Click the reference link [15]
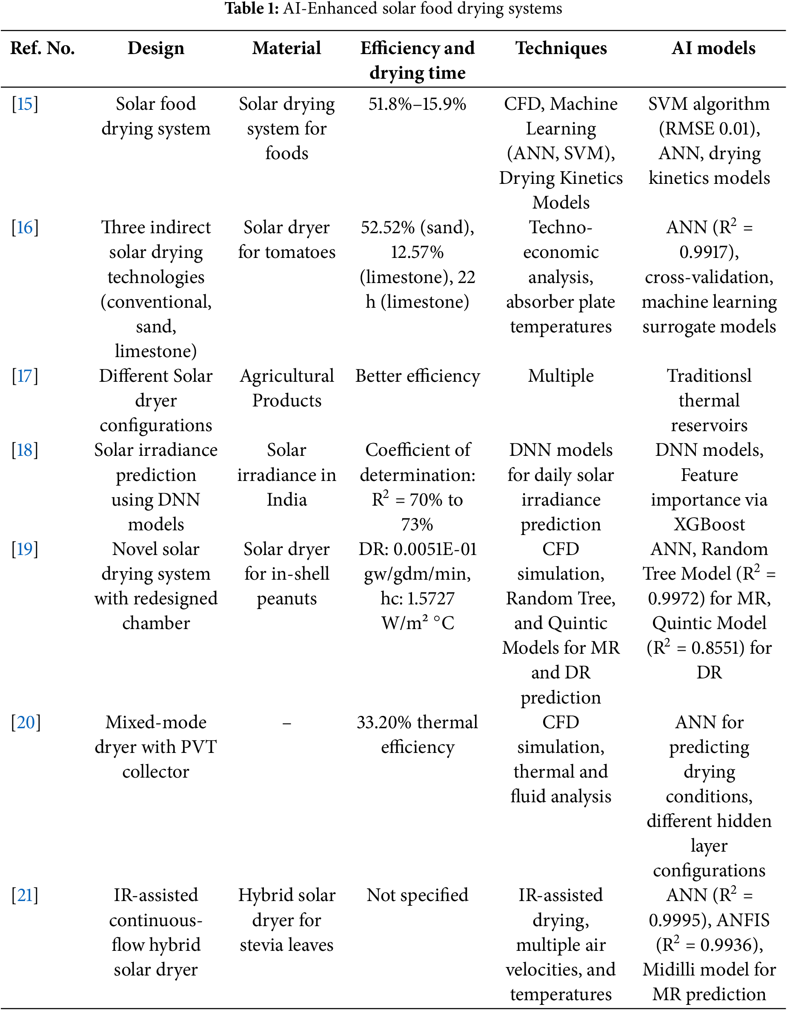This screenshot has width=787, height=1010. (25, 104)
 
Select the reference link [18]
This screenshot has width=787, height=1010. (25, 450)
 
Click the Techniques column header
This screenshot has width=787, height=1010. (561, 48)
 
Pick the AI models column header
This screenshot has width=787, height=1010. (713, 48)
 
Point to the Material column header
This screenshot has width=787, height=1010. (287, 48)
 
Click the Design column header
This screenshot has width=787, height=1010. (156, 48)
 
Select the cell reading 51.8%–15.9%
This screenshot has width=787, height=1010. (417, 104)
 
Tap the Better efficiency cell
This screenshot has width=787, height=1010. (417, 376)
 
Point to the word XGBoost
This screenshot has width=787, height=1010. (709, 524)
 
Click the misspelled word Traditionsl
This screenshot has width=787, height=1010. (709, 376)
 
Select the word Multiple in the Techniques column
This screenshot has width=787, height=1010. (561, 376)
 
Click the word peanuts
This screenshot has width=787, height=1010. (287, 599)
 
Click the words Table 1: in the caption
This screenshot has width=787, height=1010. (252, 9)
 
